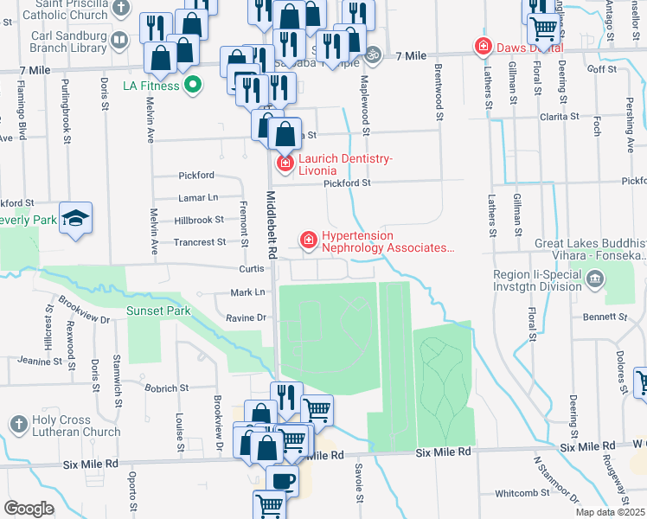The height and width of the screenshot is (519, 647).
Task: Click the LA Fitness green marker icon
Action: [x=195, y=85]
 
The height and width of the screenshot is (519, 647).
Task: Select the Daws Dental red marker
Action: [x=481, y=47]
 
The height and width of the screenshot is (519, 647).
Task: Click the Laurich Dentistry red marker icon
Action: [x=284, y=163]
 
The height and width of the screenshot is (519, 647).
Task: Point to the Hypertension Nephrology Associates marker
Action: [x=307, y=240]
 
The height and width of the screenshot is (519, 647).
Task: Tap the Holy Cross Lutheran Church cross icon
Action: [x=19, y=424]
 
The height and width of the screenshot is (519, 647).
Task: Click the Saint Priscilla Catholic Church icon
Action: [x=121, y=8]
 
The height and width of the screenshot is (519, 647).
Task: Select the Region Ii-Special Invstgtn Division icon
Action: [x=595, y=279]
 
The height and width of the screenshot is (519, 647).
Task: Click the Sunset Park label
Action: [x=157, y=311]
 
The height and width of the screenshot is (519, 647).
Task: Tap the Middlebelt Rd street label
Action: [x=271, y=225]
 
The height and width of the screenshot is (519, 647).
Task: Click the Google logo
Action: [x=29, y=509]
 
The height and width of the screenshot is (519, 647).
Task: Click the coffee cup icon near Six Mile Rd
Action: [x=283, y=480]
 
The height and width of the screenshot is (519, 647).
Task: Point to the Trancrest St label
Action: [x=199, y=242]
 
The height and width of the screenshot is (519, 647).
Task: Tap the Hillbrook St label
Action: [x=198, y=221]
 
